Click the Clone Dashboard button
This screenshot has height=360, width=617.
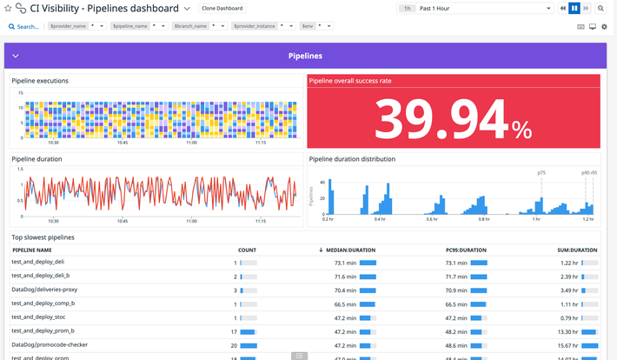tap(222, 8)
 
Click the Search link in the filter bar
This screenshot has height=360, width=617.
tap(23, 27)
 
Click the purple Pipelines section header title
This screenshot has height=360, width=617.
tap(305, 56)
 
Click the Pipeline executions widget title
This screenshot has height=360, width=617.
tap(40, 81)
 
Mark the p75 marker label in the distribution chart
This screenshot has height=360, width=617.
tap(541, 173)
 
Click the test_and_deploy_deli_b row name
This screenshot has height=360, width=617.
tap(40, 275)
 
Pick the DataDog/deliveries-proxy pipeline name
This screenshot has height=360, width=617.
tap(44, 289)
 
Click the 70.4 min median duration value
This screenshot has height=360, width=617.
tap(345, 290)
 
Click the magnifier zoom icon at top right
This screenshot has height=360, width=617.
tap(600, 8)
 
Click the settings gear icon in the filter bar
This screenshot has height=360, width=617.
tap(604, 27)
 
